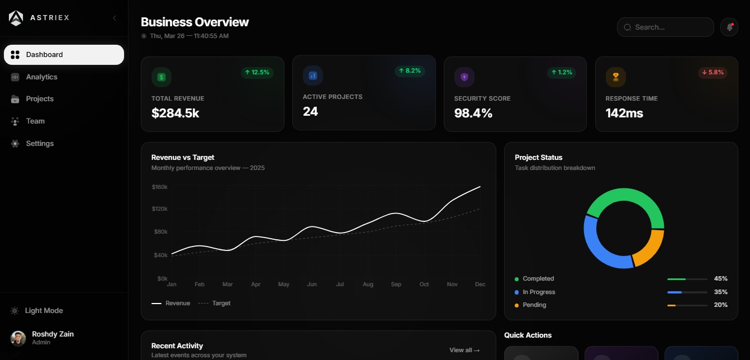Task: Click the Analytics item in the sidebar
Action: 41,77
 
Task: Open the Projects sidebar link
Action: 40,99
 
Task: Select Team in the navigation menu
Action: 35,121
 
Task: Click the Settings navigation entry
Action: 40,144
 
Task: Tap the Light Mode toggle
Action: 44,311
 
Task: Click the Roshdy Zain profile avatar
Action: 18,338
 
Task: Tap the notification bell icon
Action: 729,27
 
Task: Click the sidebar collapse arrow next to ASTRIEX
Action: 115,18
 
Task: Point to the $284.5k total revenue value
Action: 175,113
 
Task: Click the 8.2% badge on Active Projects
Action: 410,71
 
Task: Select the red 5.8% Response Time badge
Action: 713,73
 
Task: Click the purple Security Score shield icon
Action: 464,77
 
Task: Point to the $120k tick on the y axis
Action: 159,209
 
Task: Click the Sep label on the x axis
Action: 396,285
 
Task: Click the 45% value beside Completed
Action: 720,279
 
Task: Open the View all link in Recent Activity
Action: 464,350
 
